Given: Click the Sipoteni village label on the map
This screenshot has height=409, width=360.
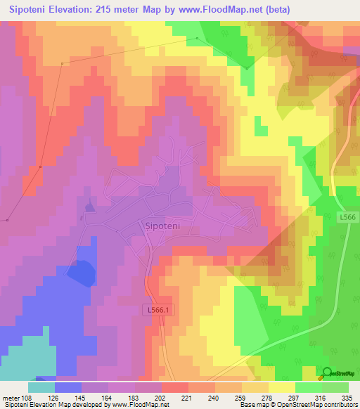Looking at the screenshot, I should [x=163, y=226].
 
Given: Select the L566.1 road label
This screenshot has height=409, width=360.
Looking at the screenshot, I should [x=160, y=309].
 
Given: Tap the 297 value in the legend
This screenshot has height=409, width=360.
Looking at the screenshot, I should [x=282, y=397].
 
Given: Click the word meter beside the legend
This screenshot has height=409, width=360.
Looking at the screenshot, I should [x=11, y=397].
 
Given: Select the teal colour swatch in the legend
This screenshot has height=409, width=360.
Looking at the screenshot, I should [x=41, y=387].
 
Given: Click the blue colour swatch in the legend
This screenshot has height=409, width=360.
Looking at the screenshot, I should [x=68, y=387].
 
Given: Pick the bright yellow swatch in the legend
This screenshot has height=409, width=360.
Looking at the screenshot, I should [x=282, y=387].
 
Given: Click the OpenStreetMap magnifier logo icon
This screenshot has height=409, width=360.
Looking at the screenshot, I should [x=327, y=373].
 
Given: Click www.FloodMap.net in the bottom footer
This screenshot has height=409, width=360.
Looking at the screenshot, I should [x=141, y=405].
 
